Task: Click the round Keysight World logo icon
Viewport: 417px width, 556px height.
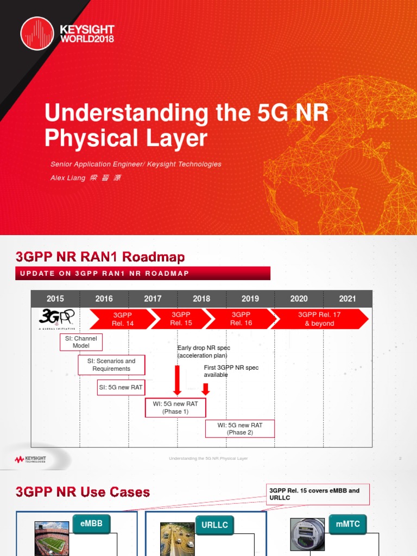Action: (37, 33)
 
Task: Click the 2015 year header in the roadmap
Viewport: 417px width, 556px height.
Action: (55, 299)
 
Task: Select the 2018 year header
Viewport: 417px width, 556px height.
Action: (201, 299)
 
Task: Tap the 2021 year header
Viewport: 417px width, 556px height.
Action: (347, 299)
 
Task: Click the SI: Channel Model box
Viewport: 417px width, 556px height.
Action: (81, 342)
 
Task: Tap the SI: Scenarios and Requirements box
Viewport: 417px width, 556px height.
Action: (111, 365)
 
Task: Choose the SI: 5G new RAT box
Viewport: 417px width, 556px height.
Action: (120, 388)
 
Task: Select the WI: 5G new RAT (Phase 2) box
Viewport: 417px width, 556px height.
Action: (239, 429)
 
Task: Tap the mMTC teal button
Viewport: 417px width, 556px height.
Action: (348, 525)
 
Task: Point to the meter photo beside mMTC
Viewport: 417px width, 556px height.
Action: (307, 536)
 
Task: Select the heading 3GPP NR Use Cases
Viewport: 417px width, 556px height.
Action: (83, 492)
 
